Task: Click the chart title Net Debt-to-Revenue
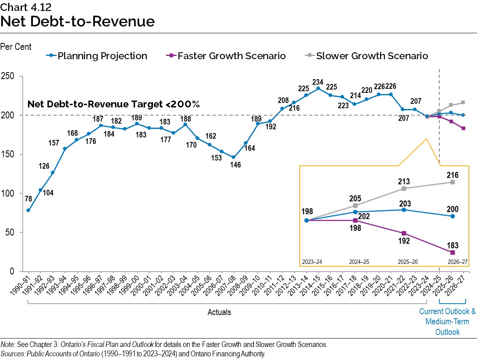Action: coord(77,21)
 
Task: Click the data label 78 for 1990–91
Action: coord(28,199)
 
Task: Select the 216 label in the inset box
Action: coord(453,175)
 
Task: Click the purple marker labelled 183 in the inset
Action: coord(453,253)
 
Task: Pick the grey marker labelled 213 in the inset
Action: coord(404,189)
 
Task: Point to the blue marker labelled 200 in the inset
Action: coord(453,216)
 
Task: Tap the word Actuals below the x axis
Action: coord(219,312)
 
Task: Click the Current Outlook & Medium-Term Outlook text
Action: coord(447,322)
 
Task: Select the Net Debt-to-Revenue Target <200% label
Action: coord(114,104)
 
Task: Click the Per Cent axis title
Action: coord(16,47)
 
